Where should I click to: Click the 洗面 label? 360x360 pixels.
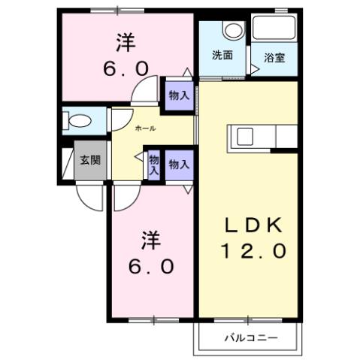[x=221, y=55]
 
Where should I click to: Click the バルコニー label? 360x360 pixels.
[x=251, y=337]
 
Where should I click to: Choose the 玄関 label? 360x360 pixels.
[x=91, y=160]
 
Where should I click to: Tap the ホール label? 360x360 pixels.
[x=146, y=129]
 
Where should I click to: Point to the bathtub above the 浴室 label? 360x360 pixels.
[x=274, y=29]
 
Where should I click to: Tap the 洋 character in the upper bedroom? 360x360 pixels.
[x=126, y=41]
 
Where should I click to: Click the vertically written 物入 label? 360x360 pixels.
[x=153, y=165]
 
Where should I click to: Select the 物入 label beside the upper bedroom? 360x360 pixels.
[x=178, y=95]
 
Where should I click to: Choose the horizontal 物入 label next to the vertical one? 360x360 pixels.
[x=179, y=165]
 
